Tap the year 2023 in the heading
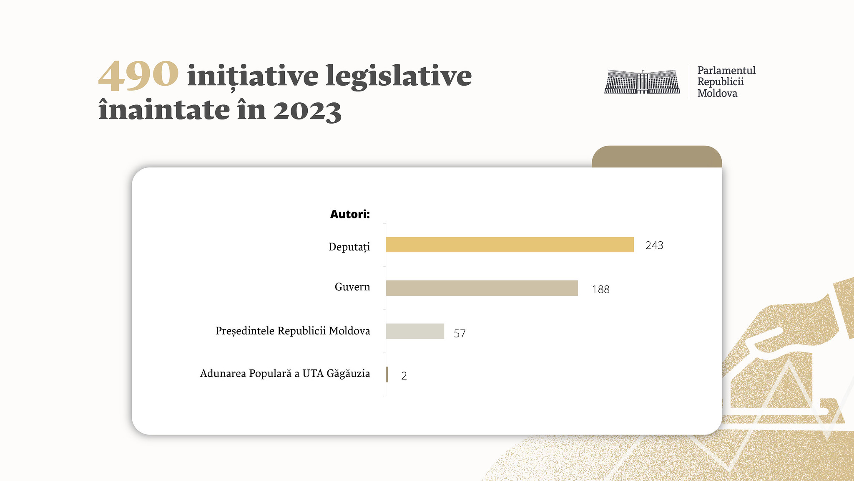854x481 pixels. pyautogui.click(x=307, y=110)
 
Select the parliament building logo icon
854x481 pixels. pyautogui.click(x=642, y=81)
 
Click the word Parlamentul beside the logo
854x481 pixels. pyautogui.click(x=726, y=70)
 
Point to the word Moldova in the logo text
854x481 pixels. pyautogui.click(x=717, y=93)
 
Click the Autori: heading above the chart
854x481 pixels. pyautogui.click(x=350, y=214)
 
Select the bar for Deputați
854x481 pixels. pyautogui.click(x=510, y=245)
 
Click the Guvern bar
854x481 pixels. pyautogui.click(x=482, y=288)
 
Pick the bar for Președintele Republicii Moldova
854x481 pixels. pyautogui.click(x=415, y=331)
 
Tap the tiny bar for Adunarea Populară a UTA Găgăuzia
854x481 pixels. pyautogui.click(x=387, y=375)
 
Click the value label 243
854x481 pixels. pyautogui.click(x=654, y=245)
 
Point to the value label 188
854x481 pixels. pyautogui.click(x=600, y=289)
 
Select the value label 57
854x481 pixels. pyautogui.click(x=460, y=333)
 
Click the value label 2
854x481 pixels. pyautogui.click(x=404, y=376)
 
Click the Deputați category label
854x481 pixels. pyautogui.click(x=349, y=247)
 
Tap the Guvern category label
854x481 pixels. pyautogui.click(x=352, y=287)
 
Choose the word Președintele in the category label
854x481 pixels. pyautogui.click(x=245, y=331)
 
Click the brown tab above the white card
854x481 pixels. pyautogui.click(x=656, y=157)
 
